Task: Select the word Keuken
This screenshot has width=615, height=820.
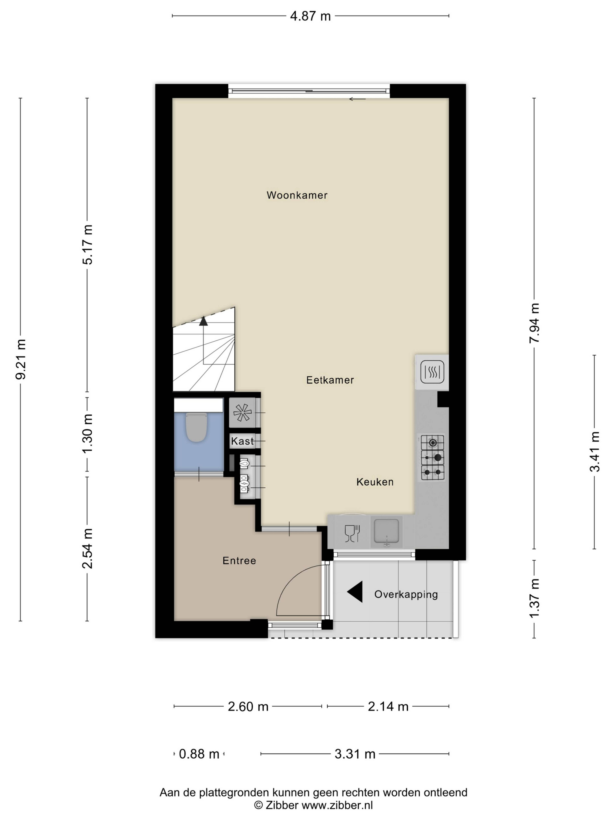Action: (x=375, y=482)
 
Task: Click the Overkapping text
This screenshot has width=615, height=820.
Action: (x=406, y=595)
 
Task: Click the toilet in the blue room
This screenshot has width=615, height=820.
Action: (x=197, y=427)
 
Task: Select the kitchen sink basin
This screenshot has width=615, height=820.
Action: (x=386, y=532)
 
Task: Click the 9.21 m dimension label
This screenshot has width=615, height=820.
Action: (x=21, y=359)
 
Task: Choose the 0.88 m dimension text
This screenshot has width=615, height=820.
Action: (x=199, y=754)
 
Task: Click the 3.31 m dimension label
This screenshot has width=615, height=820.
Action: (x=355, y=754)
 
